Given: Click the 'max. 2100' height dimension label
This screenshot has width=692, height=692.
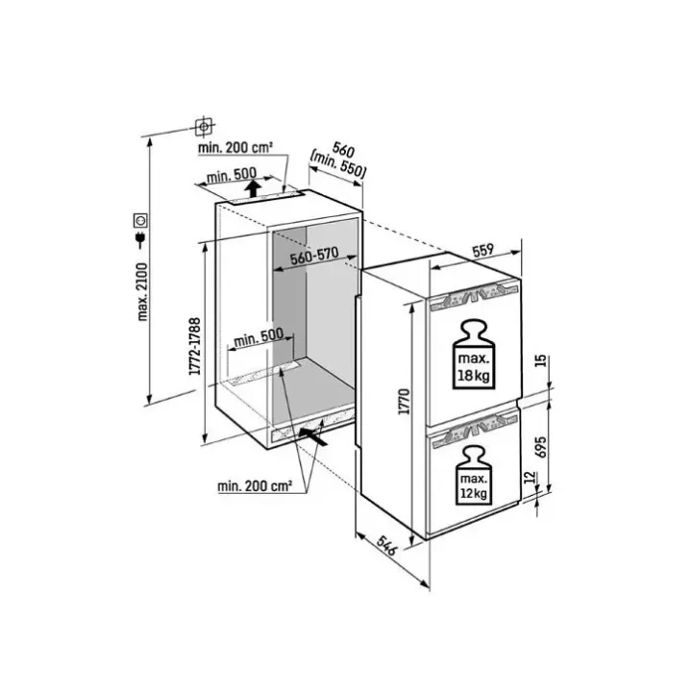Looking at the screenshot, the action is (x=143, y=292).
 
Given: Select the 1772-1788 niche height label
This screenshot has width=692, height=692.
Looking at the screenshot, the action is (x=195, y=346).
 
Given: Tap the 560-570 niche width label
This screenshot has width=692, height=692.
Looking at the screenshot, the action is (x=314, y=256).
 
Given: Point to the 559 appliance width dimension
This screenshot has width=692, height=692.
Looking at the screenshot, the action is (x=482, y=251).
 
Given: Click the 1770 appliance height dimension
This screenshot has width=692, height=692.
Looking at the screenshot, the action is (x=405, y=401).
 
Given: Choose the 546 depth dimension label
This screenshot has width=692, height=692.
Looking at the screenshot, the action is (x=387, y=546).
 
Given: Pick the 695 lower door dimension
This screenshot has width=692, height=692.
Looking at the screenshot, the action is (x=542, y=447).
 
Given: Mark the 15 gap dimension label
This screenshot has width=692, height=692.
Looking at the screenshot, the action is (x=542, y=360).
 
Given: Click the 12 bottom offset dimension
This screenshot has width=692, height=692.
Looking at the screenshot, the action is (x=530, y=477).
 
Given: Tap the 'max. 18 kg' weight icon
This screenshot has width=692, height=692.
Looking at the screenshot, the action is (x=474, y=355).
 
